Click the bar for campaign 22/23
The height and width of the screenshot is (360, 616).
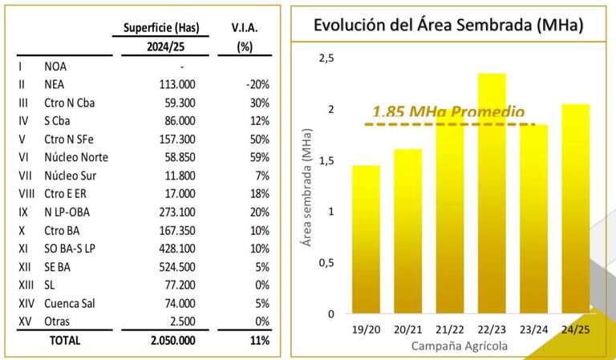[x=492, y=192]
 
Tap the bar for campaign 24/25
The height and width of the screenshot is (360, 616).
[x=575, y=208]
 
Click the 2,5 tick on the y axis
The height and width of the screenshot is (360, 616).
[x=326, y=58]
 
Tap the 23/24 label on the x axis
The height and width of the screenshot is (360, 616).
[x=533, y=330]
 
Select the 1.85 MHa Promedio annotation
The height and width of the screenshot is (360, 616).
[x=449, y=113]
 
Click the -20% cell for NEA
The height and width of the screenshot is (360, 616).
[x=257, y=83]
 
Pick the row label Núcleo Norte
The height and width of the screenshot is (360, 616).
[x=76, y=157]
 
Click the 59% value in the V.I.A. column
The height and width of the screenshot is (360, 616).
[x=258, y=157]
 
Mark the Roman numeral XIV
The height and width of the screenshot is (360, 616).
[x=27, y=304]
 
